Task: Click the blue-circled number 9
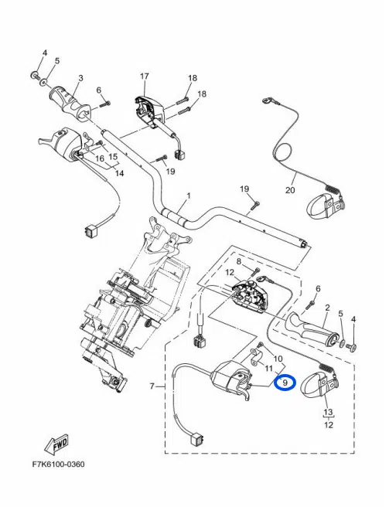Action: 285,383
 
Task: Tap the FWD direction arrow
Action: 57,444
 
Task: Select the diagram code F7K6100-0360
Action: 59,464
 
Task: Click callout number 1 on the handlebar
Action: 189,196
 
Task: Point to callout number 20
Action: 290,190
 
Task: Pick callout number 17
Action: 145,77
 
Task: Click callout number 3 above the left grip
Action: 80,78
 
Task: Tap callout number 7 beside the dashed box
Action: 152,386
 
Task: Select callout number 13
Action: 328,412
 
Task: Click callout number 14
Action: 119,173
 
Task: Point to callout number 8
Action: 239,261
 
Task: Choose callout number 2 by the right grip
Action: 327,308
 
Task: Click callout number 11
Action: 268,369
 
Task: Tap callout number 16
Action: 100,158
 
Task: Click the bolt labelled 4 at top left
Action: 34,75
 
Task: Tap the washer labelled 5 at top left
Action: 43,83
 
